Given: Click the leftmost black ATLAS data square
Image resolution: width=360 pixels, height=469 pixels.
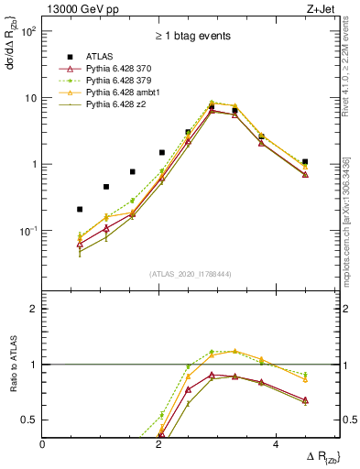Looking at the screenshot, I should click(x=80, y=209).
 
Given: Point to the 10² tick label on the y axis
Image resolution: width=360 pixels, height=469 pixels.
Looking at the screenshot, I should click(x=27, y=31).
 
